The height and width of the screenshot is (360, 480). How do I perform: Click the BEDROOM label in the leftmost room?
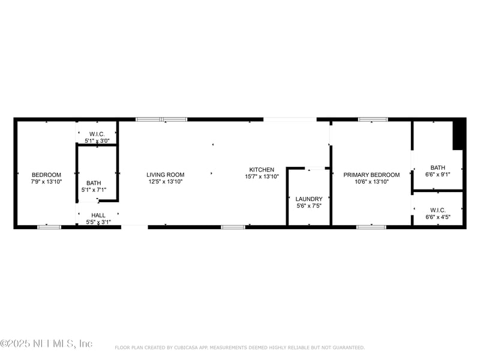[46, 175]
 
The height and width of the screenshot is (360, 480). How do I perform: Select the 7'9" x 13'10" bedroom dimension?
[46, 181]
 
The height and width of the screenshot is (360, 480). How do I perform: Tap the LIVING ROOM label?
[165, 175]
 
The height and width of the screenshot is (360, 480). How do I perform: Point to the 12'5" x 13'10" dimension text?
[165, 181]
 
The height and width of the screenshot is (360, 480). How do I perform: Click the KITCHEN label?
[262, 170]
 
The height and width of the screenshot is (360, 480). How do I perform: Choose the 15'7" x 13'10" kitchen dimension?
[262, 176]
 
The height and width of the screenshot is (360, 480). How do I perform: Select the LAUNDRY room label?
[309, 199]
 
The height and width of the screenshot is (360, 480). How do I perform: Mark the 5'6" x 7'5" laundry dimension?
[309, 206]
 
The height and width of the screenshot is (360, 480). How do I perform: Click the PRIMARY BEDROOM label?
[371, 175]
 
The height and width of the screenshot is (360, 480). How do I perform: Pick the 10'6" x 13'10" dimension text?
[371, 181]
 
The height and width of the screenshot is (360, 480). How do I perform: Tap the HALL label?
[98, 215]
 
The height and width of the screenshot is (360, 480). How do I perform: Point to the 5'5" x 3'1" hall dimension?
[98, 222]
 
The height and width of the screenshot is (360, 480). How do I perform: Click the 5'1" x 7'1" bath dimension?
[94, 190]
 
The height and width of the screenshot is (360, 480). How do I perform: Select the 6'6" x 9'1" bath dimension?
[437, 175]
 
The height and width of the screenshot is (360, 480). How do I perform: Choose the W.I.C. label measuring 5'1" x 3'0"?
[97, 134]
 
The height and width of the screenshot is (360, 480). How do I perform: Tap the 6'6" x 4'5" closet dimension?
[437, 217]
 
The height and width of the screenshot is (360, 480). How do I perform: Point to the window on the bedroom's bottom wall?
[49, 227]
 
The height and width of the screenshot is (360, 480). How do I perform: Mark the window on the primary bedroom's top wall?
[373, 119]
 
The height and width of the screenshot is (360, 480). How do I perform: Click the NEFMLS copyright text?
[46, 344]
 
